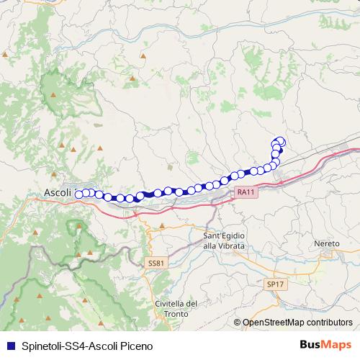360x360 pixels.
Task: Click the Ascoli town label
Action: point(58,194)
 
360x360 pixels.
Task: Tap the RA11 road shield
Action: point(246,192)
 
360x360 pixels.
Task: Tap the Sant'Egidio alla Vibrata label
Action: point(224,241)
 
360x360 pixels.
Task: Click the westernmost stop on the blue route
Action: point(78,193)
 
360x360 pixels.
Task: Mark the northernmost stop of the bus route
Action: point(279,141)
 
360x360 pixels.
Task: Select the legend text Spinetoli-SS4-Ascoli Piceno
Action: point(86,345)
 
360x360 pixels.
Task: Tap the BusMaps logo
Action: point(326,344)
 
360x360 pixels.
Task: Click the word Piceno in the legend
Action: point(135,345)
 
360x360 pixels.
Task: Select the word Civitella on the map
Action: point(171,304)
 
